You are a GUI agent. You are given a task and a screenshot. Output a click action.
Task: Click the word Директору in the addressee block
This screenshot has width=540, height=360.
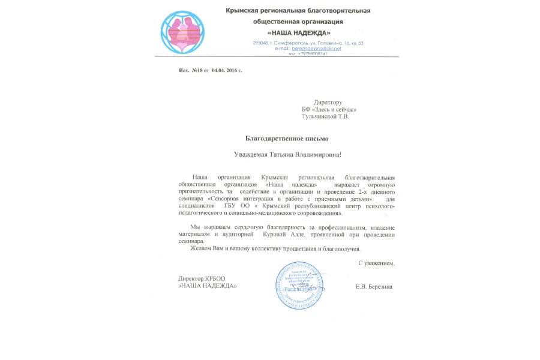click(328, 102)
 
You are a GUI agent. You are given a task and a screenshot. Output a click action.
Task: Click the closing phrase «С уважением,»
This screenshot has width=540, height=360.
click(376, 263)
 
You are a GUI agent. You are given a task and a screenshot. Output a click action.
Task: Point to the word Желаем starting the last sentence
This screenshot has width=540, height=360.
click(201, 248)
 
